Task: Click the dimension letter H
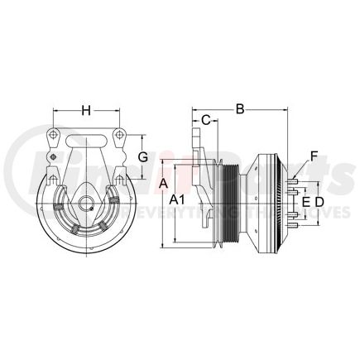(x=86, y=108)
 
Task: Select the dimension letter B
(x=240, y=108)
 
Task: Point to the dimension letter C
(x=205, y=118)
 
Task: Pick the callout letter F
(x=313, y=155)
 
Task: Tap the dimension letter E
(x=305, y=201)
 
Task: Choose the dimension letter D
(x=320, y=201)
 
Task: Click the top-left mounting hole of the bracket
(x=53, y=135)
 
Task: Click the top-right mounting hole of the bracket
(x=120, y=135)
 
